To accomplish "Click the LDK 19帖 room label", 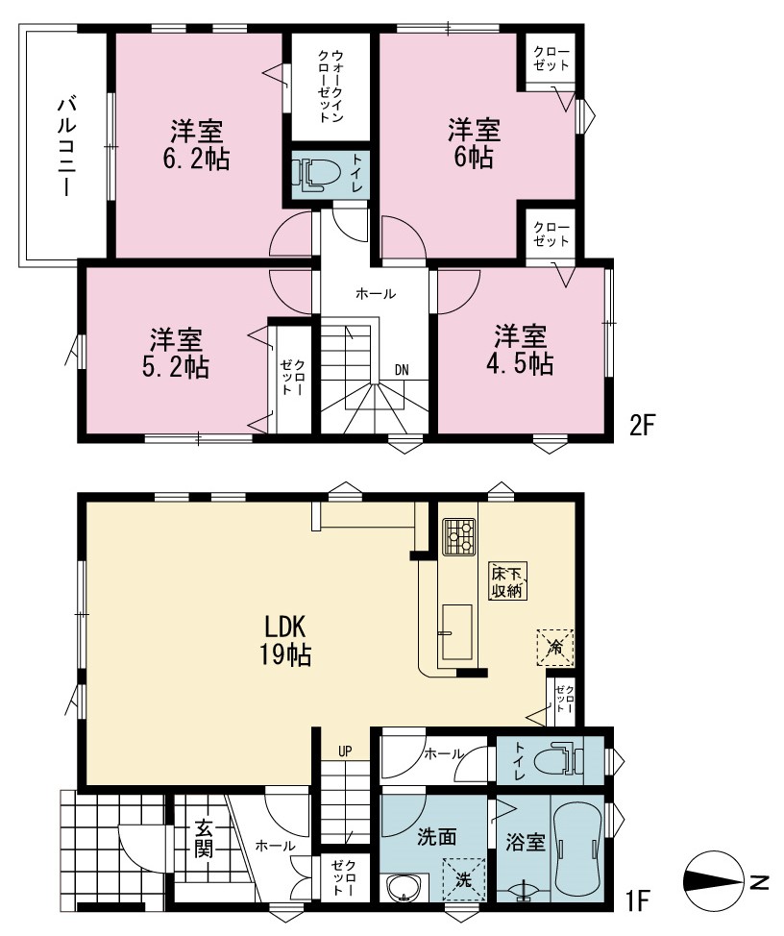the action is [x=284, y=641].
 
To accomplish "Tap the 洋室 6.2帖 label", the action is [x=196, y=144].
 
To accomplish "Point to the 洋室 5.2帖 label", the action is [x=176, y=354].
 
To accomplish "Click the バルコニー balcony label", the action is [x=66, y=147].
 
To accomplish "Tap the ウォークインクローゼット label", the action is [x=331, y=86].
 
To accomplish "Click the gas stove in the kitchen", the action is [x=458, y=536].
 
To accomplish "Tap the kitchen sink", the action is [x=457, y=632].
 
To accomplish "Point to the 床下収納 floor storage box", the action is [x=507, y=582].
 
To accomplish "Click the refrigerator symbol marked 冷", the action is [x=555, y=648].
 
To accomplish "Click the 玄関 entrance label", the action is [x=204, y=839].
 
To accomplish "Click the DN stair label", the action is [x=402, y=370].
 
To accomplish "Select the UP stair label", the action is [x=345, y=751].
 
